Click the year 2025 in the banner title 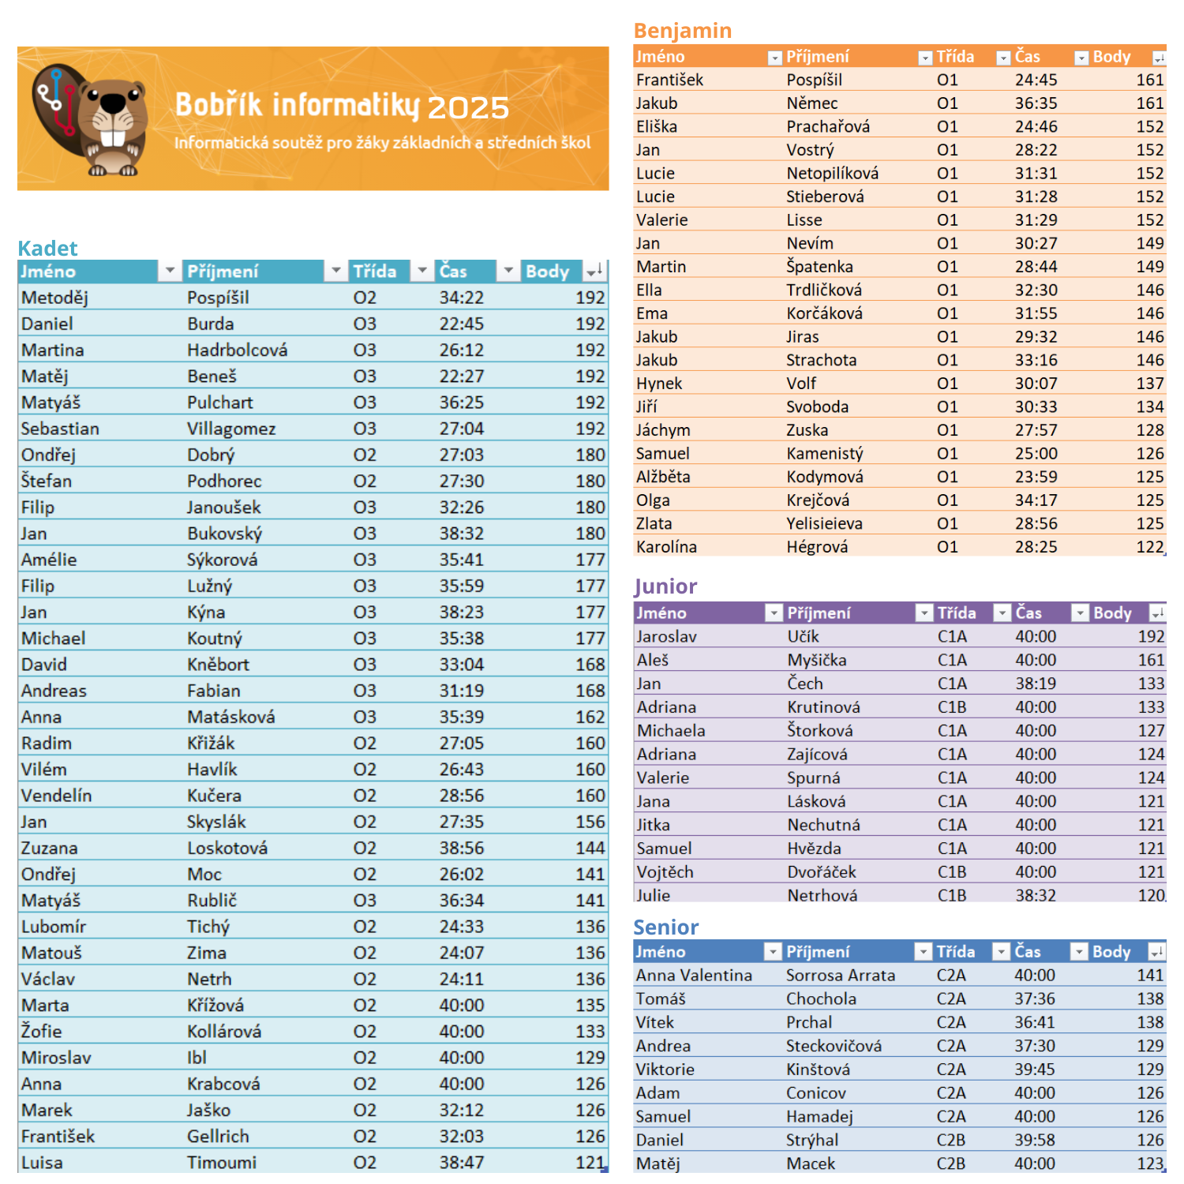(x=468, y=108)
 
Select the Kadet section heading (x=47, y=248)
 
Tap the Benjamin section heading (x=683, y=31)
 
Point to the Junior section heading (x=665, y=586)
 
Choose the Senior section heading (x=666, y=927)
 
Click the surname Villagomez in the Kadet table (x=231, y=429)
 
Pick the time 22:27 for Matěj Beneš (x=462, y=377)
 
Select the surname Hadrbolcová (x=237, y=350)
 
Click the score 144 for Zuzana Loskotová (x=590, y=848)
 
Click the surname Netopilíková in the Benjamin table (x=832, y=173)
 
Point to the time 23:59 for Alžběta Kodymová (x=1036, y=477)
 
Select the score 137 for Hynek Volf (x=1149, y=384)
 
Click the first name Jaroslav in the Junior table (x=666, y=636)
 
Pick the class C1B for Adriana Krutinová (x=952, y=707)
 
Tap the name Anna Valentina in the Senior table (x=694, y=976)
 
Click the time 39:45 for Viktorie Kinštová (x=1035, y=1070)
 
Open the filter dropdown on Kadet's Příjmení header (x=336, y=271)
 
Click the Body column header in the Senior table (x=1111, y=952)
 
